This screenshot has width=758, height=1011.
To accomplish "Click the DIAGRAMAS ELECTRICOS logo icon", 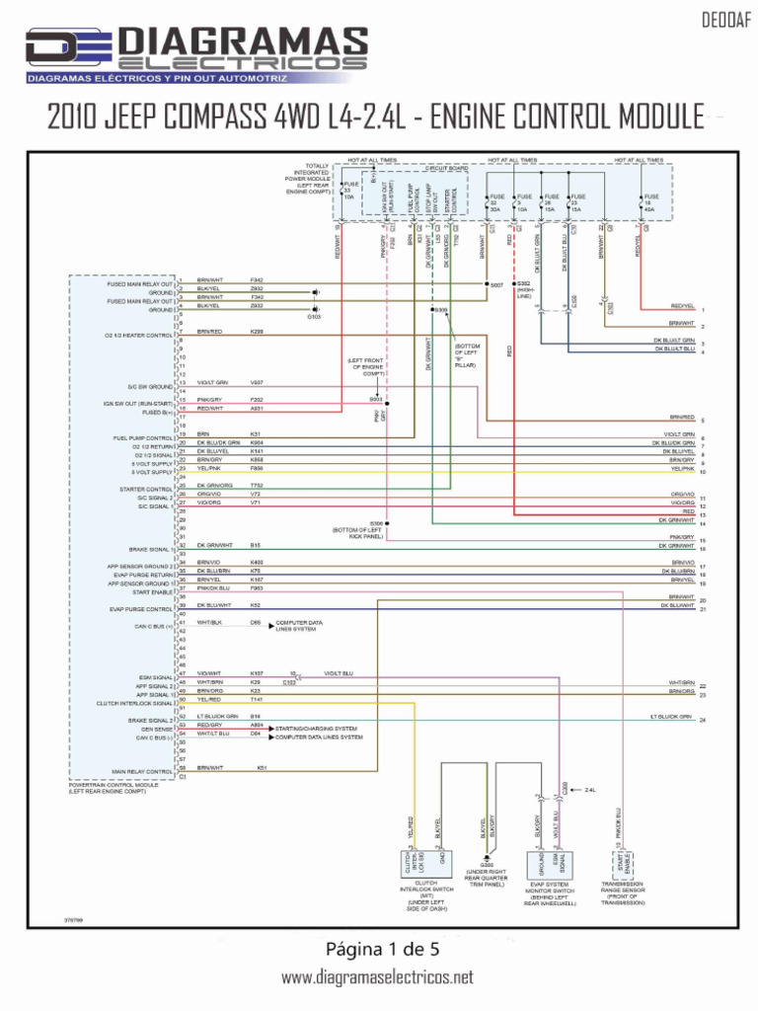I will [67, 48].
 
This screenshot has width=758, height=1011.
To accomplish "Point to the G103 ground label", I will [314, 317].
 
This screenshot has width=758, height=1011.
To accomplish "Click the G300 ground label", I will [487, 865].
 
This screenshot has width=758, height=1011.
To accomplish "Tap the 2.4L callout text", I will [591, 790].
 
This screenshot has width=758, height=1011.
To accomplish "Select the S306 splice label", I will [376, 523].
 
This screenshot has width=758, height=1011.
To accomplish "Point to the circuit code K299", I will [257, 332].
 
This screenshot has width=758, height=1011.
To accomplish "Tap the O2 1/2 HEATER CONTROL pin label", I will [138, 336].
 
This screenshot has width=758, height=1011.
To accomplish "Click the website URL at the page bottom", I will [378, 977].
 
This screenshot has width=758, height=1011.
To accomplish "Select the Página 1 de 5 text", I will [378, 950].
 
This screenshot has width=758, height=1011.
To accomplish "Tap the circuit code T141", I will [257, 699].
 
